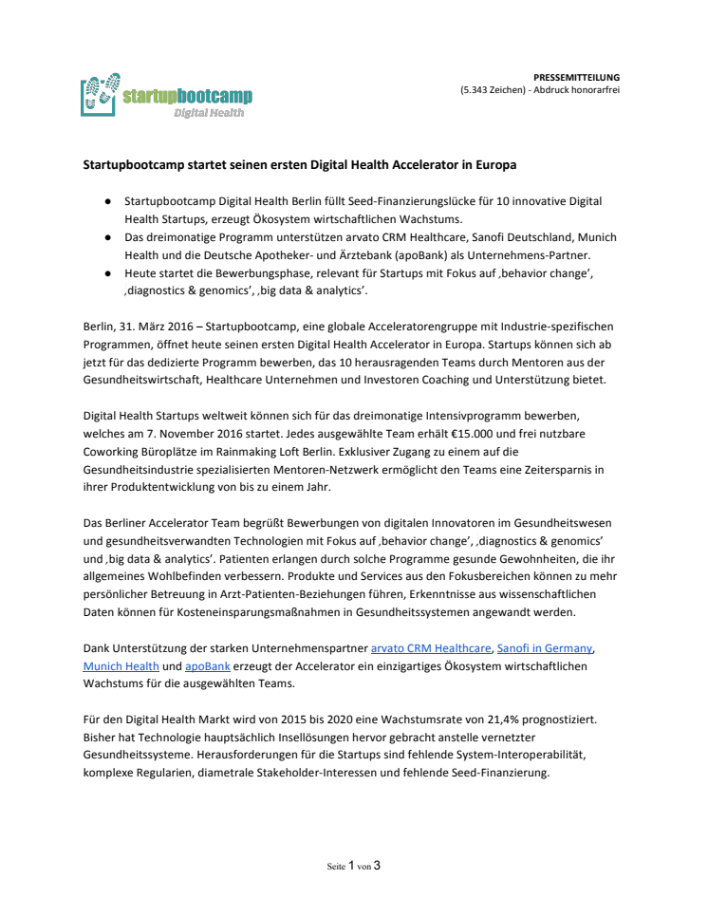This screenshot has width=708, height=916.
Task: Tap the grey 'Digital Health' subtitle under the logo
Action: [208, 113]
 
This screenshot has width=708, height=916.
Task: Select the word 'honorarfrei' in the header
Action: [592, 89]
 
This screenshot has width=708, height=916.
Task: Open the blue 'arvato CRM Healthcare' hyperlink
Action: [431, 649]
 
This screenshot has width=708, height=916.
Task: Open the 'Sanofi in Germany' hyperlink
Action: [546, 649]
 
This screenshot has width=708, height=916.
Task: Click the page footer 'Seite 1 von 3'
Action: [353, 866]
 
